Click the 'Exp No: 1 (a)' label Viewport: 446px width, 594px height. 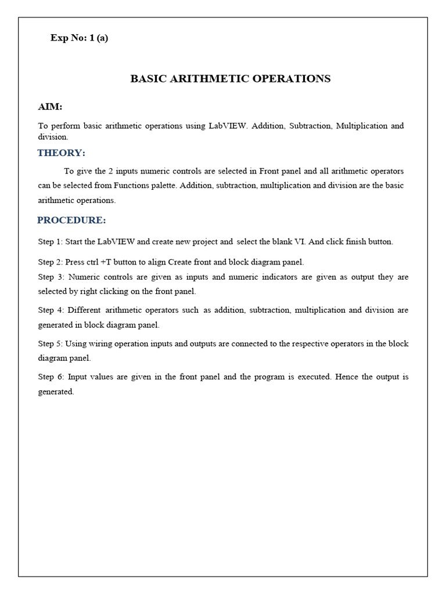[79, 38]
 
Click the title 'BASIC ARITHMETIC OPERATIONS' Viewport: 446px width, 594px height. [231, 79]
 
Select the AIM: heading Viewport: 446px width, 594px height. [50, 107]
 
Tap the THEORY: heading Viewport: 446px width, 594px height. [61, 153]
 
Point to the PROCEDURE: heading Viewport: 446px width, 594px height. [71, 220]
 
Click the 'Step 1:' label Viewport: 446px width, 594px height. [51, 242]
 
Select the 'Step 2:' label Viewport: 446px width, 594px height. [51, 262]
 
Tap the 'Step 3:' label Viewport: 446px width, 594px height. [52, 277]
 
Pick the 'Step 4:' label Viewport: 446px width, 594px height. [52, 310]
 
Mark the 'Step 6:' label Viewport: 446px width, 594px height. [52, 377]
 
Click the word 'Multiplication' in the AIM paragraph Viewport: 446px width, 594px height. [361, 126]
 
